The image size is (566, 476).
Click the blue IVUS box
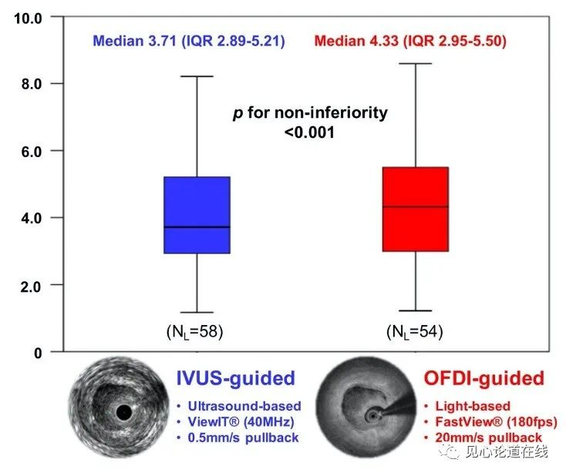[x=197, y=214]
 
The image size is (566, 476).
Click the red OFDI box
[x=415, y=209]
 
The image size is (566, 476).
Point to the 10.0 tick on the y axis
[x=29, y=16]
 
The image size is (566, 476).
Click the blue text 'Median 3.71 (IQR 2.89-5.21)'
[x=189, y=41]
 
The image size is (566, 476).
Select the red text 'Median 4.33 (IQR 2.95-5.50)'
[x=410, y=41]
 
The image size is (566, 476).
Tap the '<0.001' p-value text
[x=311, y=132]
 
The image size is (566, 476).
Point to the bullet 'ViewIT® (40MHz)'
[x=238, y=422]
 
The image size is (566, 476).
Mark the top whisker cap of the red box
[x=415, y=64]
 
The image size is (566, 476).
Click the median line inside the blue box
[x=197, y=227]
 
